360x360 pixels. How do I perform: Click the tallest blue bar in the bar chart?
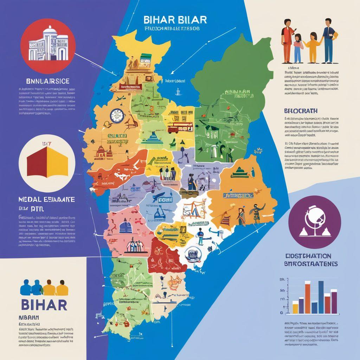point(321,297)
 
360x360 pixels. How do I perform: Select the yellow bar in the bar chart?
point(295,308)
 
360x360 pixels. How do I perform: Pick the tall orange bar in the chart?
point(308,298)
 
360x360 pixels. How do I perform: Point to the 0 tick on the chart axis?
point(282,313)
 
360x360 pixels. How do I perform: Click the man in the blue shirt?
point(328,40)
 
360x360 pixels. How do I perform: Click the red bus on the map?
point(175,129)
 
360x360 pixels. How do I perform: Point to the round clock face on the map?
point(116,116)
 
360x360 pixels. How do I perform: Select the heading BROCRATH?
point(301,111)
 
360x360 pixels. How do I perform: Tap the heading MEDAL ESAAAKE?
point(46,199)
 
